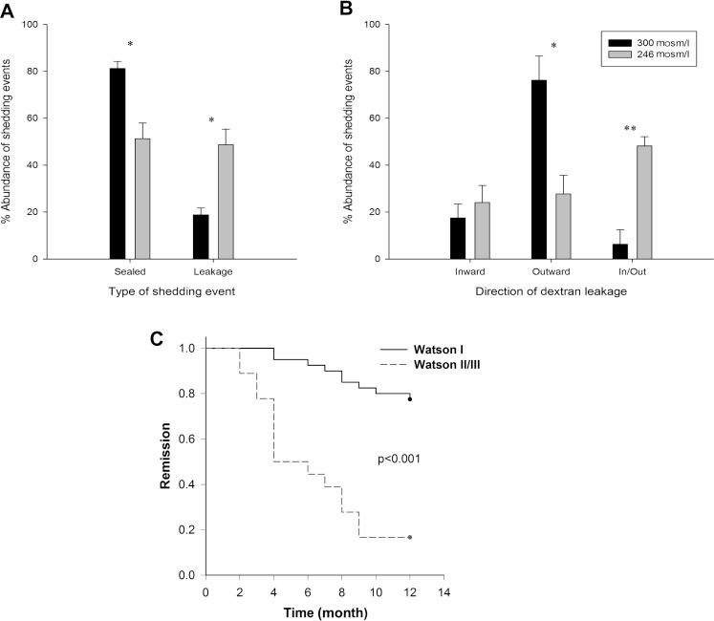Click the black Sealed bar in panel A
[118, 163]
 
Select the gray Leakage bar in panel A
[227, 202]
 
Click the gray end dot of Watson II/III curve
[409, 538]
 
